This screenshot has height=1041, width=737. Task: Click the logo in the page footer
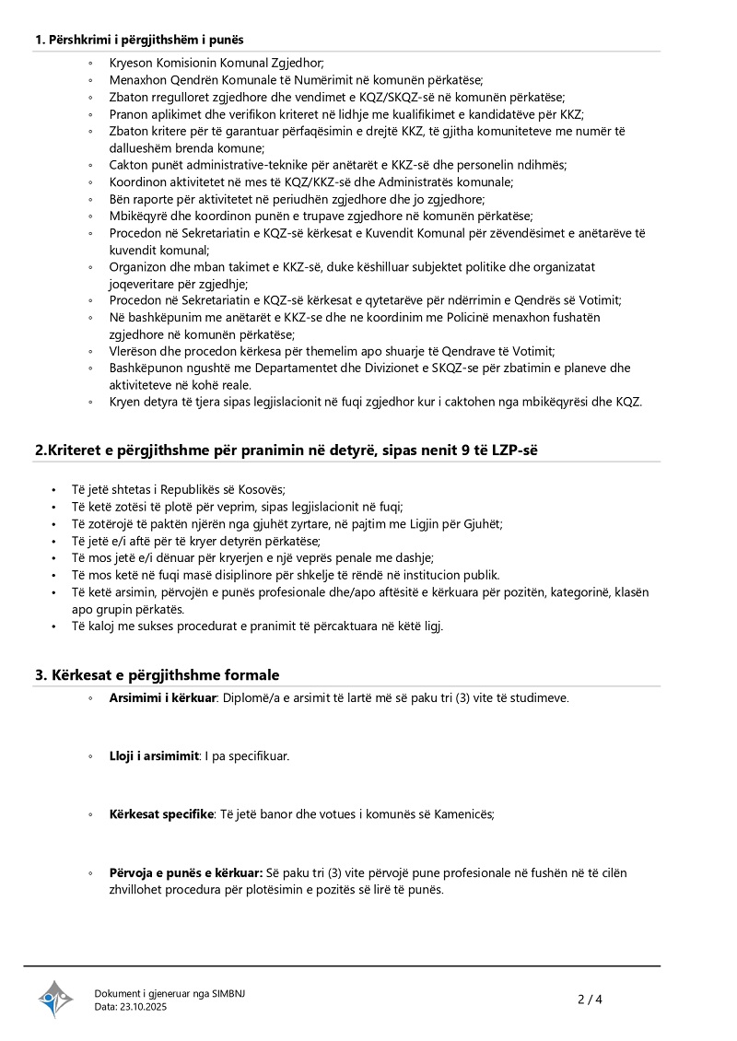pos(55,999)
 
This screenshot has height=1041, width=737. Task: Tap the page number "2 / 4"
pos(590,999)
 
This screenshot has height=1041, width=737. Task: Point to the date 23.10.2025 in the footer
pos(144,1007)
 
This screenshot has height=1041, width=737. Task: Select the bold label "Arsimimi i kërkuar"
pos(162,697)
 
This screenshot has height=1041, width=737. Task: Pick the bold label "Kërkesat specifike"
pos(161,814)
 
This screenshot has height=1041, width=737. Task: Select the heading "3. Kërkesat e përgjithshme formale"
pos(157,675)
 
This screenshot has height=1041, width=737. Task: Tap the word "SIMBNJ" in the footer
pos(228,993)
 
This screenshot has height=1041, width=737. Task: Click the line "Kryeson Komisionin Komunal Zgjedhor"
pos(216,64)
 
